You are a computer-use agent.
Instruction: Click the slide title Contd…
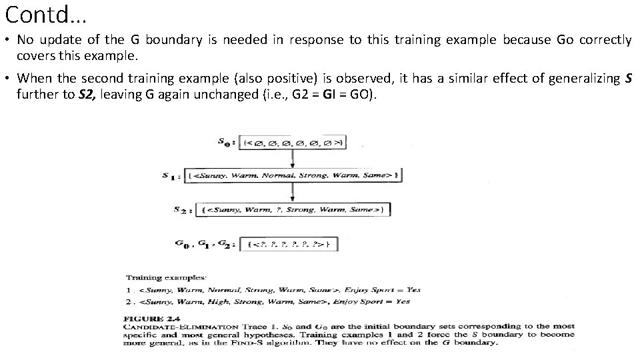click(x=45, y=13)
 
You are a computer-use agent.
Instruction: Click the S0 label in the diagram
click(x=225, y=141)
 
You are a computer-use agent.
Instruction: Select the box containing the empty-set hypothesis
click(x=293, y=141)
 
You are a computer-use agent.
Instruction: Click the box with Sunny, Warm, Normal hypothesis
click(x=293, y=175)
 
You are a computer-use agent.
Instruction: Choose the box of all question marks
click(x=288, y=244)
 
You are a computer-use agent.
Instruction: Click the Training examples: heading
click(x=166, y=277)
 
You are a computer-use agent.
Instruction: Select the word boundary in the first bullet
click(x=173, y=39)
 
